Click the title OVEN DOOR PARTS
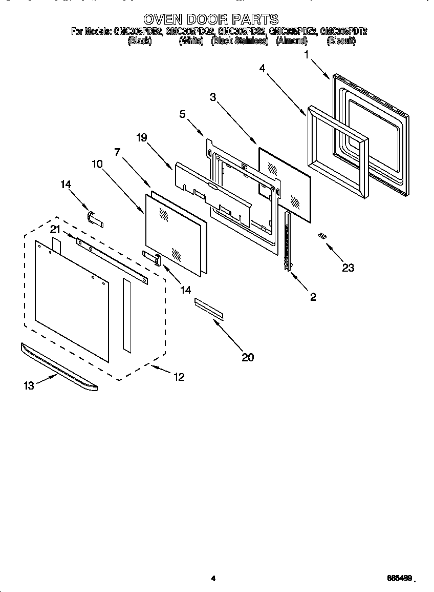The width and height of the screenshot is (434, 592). coord(210,19)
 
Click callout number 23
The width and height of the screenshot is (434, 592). coord(348,268)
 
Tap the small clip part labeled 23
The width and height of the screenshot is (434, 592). coord(322,235)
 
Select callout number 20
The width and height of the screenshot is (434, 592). coord(248,357)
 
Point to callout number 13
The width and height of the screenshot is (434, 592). coord(29,386)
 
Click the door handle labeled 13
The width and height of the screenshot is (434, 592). coord(59,367)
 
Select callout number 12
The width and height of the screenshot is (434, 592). coord(179,377)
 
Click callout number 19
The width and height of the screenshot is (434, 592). coord(142,137)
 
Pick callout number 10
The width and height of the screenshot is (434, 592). coord(97,164)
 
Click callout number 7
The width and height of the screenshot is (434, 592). coord(117,152)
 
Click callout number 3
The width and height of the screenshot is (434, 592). coord(213,97)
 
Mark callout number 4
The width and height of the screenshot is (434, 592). coord(262,68)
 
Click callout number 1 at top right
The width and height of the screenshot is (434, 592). coord(307,53)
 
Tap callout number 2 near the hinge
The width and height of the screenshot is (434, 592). coord(313,296)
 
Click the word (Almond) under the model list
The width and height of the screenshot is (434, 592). coord(292,41)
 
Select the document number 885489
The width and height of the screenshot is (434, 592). coord(400,578)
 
